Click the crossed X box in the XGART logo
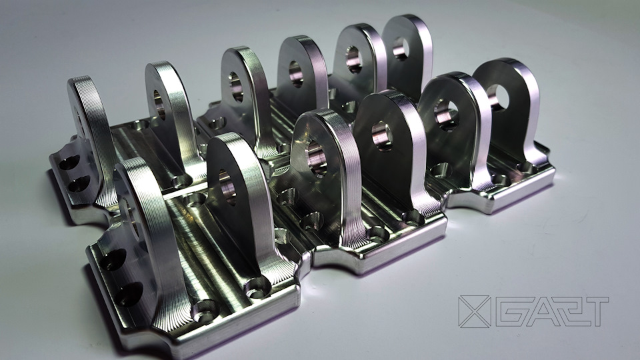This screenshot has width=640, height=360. [474, 311]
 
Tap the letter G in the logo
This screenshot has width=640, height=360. [510, 311]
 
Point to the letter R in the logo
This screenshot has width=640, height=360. [565, 311]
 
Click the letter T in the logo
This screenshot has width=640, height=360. [594, 311]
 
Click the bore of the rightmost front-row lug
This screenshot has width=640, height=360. [497, 97]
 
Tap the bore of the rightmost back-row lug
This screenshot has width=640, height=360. [401, 48]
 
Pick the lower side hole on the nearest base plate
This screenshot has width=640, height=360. [130, 294]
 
